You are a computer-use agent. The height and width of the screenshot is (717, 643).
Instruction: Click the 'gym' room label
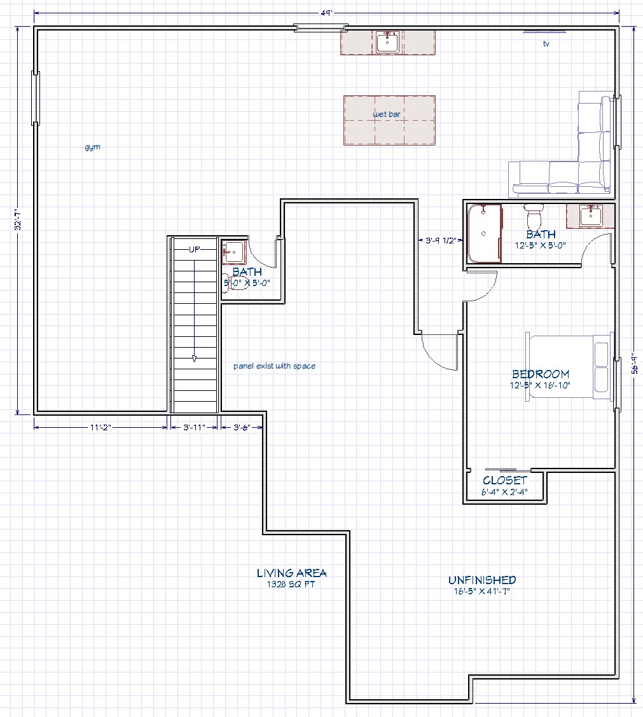coord(92,147)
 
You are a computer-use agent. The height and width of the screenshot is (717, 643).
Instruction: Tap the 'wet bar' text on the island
coord(387,114)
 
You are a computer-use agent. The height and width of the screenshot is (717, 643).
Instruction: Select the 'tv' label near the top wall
coord(546,44)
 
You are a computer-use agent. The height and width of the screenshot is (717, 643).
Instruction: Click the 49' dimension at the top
coord(326,13)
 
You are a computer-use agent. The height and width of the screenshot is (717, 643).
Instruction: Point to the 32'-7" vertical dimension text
coord(18,219)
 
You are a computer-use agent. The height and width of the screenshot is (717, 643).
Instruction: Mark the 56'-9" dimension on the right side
coord(635,364)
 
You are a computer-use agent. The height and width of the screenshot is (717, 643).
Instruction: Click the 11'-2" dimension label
coord(100,428)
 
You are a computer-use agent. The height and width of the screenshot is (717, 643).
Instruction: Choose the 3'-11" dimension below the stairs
coord(195,428)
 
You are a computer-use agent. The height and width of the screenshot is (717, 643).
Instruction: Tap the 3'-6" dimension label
coord(242,428)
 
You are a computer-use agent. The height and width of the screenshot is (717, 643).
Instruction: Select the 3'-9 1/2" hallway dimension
coord(441,240)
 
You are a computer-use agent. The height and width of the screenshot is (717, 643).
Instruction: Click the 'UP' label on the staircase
coord(195,249)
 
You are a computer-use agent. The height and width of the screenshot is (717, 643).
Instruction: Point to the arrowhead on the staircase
coord(195,359)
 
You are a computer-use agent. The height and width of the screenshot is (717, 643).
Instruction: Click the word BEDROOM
coord(541,374)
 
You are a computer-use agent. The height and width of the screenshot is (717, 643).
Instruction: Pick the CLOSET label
coord(505,481)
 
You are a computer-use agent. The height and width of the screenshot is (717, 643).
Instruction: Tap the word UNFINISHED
coord(482,580)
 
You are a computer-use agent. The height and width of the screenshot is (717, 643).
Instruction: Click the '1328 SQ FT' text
coord(291,584)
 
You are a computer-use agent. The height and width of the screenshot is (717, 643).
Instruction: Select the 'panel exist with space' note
coord(275,366)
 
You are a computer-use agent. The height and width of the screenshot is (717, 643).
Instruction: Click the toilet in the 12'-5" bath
coord(534,217)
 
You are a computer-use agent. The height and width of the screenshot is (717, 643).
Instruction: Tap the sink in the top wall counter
coord(388,42)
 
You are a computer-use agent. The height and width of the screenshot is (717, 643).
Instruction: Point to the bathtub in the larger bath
coord(484,234)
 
